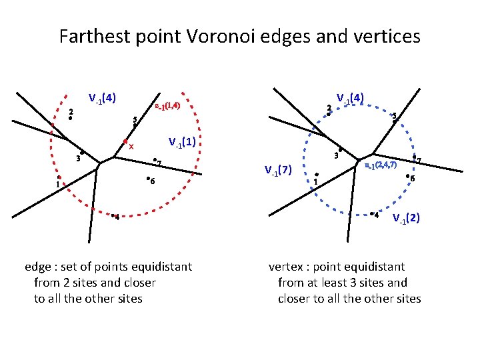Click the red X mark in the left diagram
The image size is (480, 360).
tap(131, 147)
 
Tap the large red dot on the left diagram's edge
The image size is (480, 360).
tap(125, 141)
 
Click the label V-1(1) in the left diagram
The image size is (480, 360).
tap(184, 142)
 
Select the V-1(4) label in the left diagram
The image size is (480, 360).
tap(103, 98)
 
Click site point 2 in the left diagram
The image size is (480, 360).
tap(70, 119)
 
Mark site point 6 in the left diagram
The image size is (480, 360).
tap(147, 179)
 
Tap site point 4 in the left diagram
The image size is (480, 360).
tap(113, 215)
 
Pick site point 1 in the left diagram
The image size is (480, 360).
tap(59, 177)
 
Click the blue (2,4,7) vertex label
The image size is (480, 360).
tap(381, 165)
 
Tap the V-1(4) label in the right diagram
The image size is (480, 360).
tap(350, 98)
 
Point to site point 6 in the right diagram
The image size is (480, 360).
tap(407, 176)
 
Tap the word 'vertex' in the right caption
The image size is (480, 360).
tap(285, 267)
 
